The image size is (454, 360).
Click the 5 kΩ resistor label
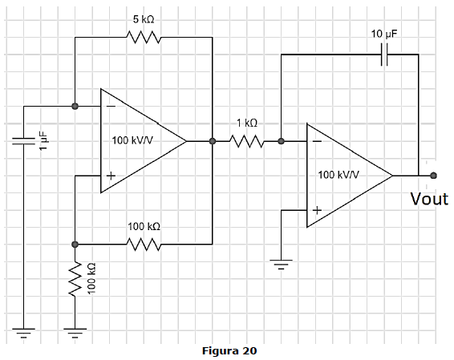pyautogui.click(x=144, y=19)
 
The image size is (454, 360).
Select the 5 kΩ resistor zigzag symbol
pyautogui.click(x=144, y=38)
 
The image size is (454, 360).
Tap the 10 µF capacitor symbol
pyautogui.click(x=384, y=55)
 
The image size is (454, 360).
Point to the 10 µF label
pyautogui.click(x=384, y=34)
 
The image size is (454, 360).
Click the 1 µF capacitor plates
pyautogui.click(x=23, y=141)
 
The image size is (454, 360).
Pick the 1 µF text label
pyautogui.click(x=43, y=140)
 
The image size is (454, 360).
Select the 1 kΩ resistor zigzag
pyautogui.click(x=247, y=141)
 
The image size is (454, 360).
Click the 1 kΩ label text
pyautogui.click(x=247, y=123)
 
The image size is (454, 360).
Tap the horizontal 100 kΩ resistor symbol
pyautogui.click(x=144, y=245)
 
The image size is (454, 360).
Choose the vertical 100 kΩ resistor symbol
pyautogui.click(x=75, y=279)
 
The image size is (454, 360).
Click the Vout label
pyautogui.click(x=429, y=199)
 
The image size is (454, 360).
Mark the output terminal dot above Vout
pyautogui.click(x=433, y=176)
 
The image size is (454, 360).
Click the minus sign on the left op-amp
pyautogui.click(x=111, y=107)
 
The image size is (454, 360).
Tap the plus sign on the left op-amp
pyautogui.click(x=111, y=176)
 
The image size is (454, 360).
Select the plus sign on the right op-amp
pyautogui.click(x=317, y=210)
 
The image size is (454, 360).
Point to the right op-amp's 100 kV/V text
pyautogui.click(x=338, y=175)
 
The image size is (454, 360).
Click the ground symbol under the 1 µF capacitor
pyautogui.click(x=23, y=333)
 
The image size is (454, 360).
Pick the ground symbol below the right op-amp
pyautogui.click(x=281, y=265)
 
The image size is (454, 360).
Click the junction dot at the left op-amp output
pyautogui.click(x=213, y=141)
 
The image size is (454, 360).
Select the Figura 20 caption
pyautogui.click(x=229, y=350)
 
